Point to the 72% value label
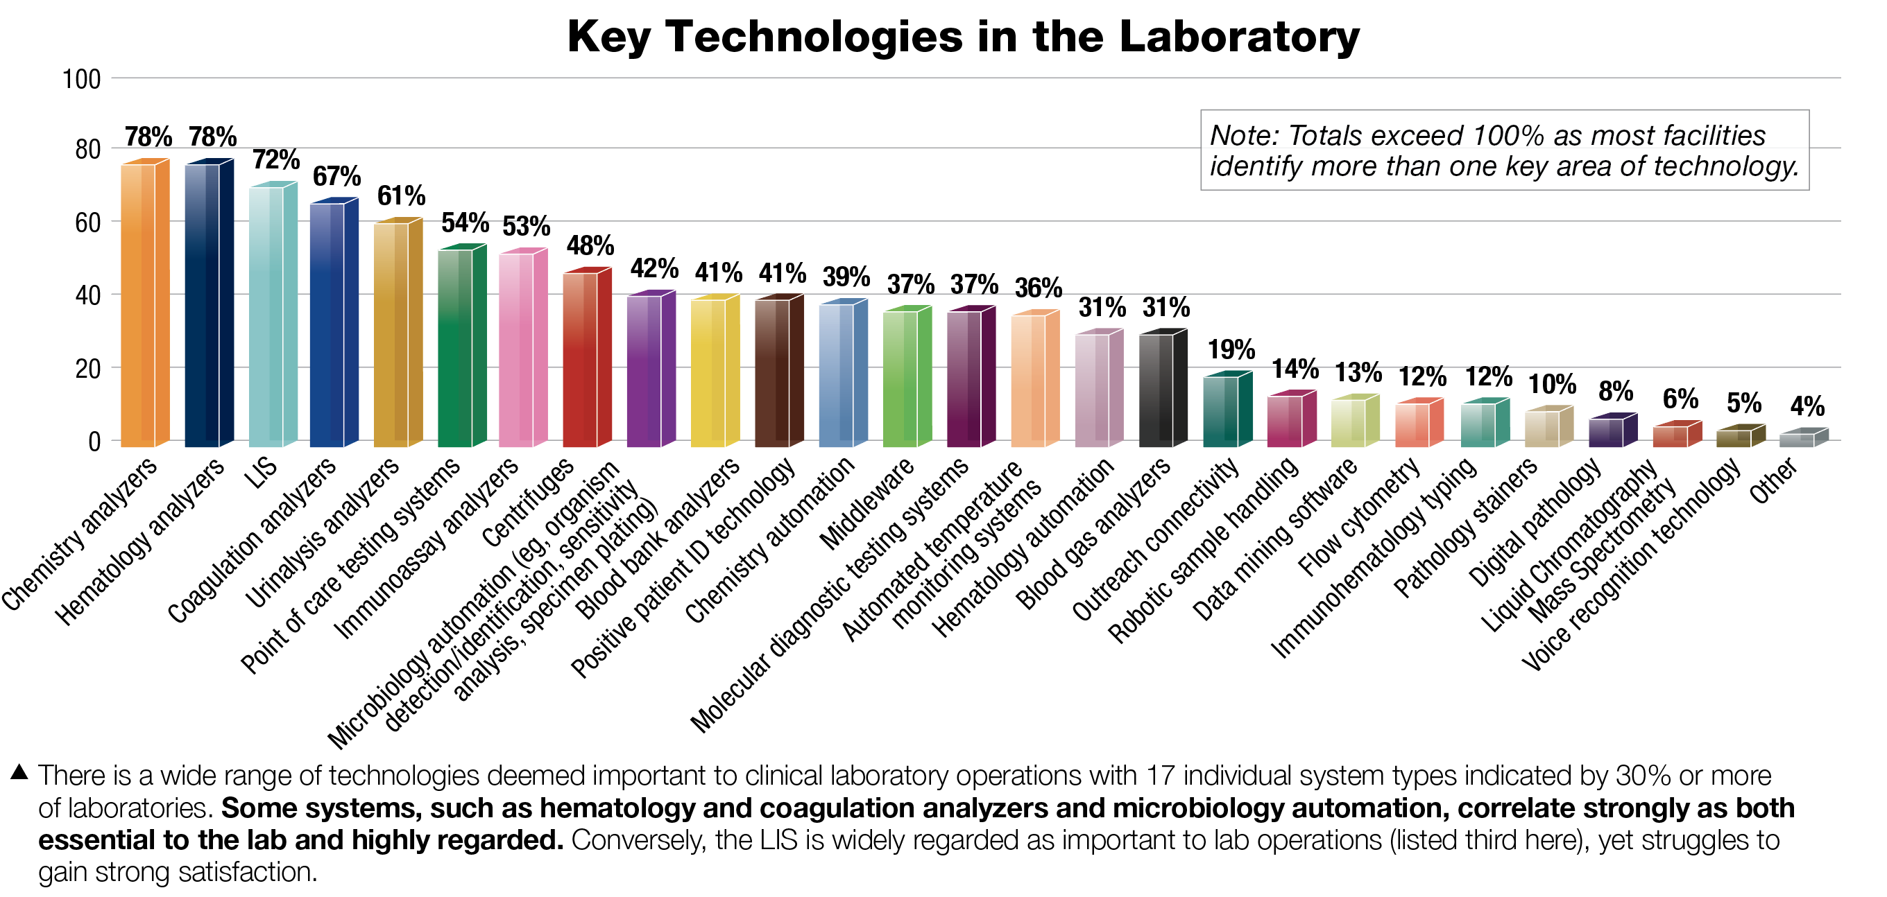[276, 159]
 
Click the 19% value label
[1231, 349]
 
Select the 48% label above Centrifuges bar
[590, 245]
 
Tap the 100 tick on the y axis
[81, 79]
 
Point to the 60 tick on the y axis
[87, 223]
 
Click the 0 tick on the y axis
[94, 442]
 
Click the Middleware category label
[867, 505]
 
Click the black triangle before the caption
[19, 772]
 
